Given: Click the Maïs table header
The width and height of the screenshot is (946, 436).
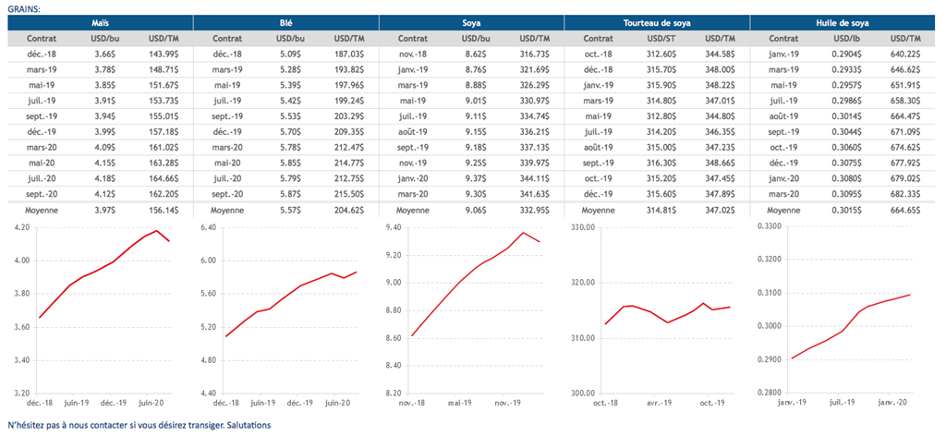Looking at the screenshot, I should point(99,22).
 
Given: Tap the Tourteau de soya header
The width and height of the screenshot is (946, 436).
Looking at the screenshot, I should point(657,22).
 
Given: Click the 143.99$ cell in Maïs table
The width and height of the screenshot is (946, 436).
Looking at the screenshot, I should point(163,54).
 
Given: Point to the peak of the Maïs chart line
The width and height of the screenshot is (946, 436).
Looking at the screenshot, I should point(157,231).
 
